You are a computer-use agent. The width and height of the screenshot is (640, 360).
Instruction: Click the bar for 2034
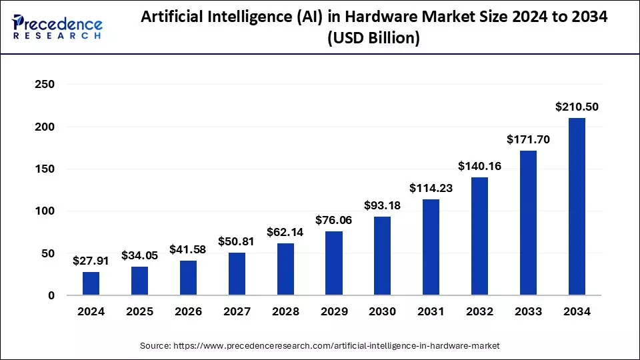[x=577, y=207]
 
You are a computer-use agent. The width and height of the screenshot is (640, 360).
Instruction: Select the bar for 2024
[x=91, y=283]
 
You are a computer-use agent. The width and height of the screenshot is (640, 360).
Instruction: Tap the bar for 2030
[x=382, y=256]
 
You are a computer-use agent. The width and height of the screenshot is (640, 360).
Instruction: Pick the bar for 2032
[x=479, y=236]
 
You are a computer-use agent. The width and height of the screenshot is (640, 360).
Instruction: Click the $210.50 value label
[x=577, y=107]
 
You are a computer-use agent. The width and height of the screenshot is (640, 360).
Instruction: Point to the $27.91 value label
[x=91, y=261]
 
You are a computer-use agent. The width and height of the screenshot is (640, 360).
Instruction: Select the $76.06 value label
[x=333, y=220]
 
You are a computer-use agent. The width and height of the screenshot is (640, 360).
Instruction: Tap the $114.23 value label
[x=431, y=188]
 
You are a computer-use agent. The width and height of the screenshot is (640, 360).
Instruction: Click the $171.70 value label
[x=528, y=139]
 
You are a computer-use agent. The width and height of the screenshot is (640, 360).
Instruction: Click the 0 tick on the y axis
[x=51, y=295]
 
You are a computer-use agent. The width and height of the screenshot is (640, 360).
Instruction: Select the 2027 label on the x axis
[x=237, y=311]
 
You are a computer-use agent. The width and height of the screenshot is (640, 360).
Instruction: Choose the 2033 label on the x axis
[x=528, y=311]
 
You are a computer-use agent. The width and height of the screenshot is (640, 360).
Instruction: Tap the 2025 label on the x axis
[x=140, y=311]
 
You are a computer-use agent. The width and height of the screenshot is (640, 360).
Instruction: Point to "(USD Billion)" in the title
[x=373, y=39]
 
